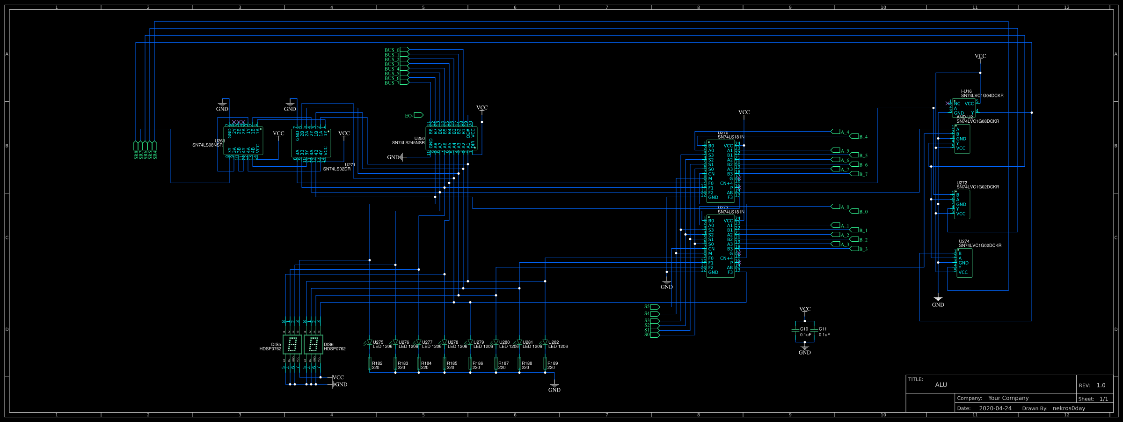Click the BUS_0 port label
(x=392, y=50)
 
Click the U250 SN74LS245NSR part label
(x=408, y=141)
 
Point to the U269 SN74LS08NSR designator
(x=208, y=143)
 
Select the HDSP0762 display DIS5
(x=292, y=345)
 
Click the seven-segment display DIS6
(x=313, y=345)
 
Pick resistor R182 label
(x=377, y=365)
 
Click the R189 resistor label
(x=553, y=365)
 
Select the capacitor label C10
(x=804, y=329)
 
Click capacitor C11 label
(x=823, y=329)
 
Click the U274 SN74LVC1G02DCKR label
(x=980, y=244)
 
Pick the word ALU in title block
(x=941, y=385)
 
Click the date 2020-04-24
(x=995, y=408)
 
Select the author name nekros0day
(x=1069, y=408)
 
